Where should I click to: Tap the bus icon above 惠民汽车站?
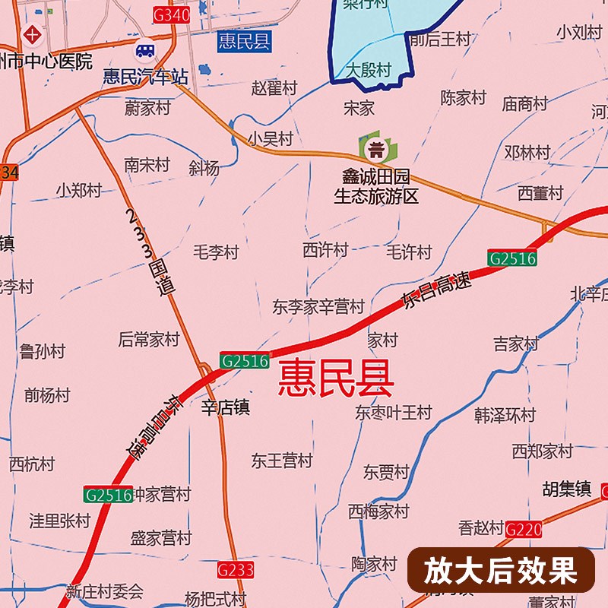[144, 52]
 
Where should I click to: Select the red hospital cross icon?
[32, 34]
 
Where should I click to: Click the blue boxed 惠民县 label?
[243, 41]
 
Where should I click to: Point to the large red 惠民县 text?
[335, 378]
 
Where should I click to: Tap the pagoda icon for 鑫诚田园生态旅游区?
[375, 147]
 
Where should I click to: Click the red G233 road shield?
[235, 568]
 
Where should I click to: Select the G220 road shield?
[523, 530]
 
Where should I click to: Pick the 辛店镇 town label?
[225, 408]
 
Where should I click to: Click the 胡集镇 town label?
[566, 489]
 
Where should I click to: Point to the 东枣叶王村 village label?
[394, 413]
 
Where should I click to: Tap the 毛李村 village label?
[216, 252]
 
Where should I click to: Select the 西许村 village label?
[325, 249]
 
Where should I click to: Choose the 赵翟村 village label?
[274, 88]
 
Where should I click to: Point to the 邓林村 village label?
[527, 152]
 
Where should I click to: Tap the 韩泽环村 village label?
[505, 416]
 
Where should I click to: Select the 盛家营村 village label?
[161, 538]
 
